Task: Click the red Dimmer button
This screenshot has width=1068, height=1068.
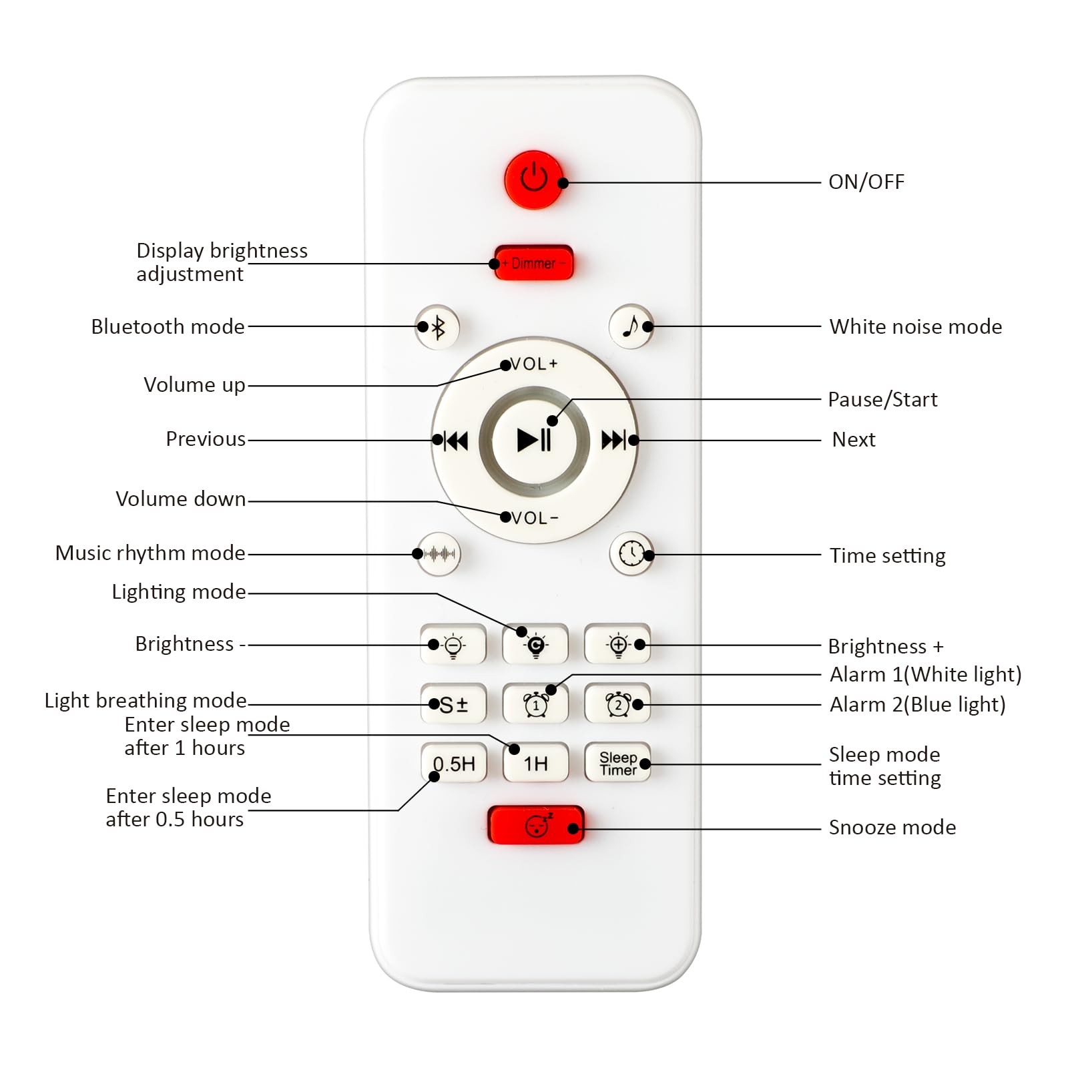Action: (533, 263)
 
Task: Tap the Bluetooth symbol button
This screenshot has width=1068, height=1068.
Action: (437, 327)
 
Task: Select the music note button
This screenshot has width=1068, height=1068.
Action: (631, 327)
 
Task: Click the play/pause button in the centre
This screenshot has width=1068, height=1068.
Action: (534, 440)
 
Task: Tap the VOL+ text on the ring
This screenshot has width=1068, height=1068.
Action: (533, 364)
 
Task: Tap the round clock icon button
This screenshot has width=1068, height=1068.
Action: (631, 553)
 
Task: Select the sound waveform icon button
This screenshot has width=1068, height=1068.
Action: (439, 553)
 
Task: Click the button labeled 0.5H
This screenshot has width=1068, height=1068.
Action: (454, 763)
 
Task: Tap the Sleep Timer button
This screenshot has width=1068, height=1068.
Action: (617, 763)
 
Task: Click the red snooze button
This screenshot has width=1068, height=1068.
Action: (536, 825)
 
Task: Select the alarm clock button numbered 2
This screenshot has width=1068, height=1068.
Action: (617, 704)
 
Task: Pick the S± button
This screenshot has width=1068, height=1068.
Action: (454, 704)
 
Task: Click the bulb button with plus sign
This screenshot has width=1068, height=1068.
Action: (617, 645)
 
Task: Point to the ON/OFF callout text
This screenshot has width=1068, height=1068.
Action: (866, 182)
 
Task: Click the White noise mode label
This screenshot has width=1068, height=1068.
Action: (915, 326)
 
